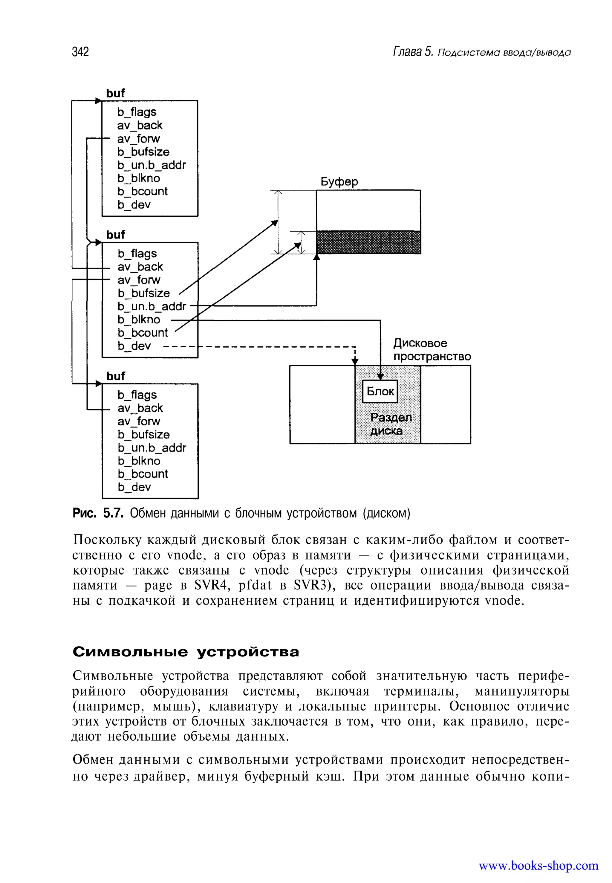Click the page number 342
(x=80, y=52)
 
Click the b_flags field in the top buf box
(x=137, y=112)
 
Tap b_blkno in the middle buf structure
(x=139, y=320)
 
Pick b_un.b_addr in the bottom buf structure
(x=152, y=448)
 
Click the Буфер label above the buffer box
(x=339, y=181)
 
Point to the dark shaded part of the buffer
(x=368, y=242)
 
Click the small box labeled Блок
(x=380, y=391)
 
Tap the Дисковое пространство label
(x=432, y=350)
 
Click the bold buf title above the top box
(x=115, y=93)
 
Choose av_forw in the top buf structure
(x=138, y=138)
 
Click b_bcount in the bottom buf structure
(x=143, y=474)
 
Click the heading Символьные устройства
(x=186, y=652)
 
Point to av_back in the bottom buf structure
(x=140, y=408)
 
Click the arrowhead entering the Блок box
(x=380, y=377)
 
